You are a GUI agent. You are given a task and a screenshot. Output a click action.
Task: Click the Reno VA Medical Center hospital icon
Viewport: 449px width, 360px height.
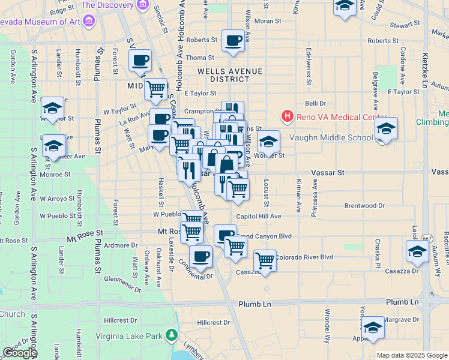click(288, 116)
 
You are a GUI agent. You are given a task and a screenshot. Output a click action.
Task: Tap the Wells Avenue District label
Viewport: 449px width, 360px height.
click(231, 75)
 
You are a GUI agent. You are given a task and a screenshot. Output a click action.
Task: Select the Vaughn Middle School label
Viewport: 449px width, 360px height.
click(331, 137)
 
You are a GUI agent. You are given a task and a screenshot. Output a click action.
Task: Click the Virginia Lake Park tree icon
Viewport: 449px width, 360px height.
click(172, 334)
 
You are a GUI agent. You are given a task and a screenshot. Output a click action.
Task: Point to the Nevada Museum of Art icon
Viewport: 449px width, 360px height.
click(89, 22)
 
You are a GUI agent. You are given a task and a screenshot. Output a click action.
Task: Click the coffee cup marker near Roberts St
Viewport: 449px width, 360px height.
click(233, 41)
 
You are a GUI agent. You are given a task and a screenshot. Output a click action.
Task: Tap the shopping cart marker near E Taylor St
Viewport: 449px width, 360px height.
click(156, 89)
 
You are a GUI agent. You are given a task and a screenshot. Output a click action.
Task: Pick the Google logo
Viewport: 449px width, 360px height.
click(20, 353)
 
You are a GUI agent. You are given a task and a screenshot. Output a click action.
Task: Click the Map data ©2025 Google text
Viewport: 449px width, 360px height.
click(411, 355)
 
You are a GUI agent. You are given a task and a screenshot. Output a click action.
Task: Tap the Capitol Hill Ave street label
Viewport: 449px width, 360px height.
click(259, 216)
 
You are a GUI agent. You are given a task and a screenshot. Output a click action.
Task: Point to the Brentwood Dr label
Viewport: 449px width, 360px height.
click(364, 206)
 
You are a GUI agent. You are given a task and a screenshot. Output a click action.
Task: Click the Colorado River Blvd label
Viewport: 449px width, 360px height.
click(304, 257)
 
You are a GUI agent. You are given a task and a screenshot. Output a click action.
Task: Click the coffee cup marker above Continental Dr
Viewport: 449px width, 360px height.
click(200, 256)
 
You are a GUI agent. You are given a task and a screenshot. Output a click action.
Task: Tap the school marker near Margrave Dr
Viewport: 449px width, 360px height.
click(373, 328)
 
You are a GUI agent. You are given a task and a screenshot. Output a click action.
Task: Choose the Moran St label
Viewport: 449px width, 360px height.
click(267, 21)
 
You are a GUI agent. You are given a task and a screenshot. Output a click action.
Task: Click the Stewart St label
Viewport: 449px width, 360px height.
click(404, 25)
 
